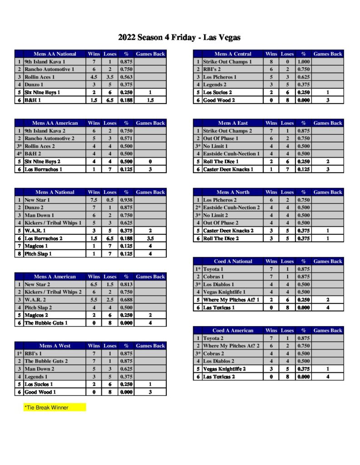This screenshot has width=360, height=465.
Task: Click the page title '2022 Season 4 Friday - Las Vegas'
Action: [179, 37]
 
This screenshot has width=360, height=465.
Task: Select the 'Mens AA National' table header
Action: [55, 54]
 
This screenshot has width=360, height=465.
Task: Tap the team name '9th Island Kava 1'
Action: [45, 62]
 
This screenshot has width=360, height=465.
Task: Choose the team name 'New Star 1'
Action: [37, 200]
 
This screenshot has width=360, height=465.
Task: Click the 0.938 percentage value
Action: [126, 200]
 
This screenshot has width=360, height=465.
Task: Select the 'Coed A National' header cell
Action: [233, 262]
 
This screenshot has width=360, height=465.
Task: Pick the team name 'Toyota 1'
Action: [213, 269]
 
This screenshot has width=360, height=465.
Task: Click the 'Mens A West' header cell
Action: [55, 346]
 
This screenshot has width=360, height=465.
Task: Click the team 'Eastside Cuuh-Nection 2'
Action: [231, 208]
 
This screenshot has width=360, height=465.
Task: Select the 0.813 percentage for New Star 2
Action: [126, 284]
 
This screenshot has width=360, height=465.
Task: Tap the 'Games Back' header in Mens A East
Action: [327, 123]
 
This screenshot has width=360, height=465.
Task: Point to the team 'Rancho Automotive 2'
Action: [49, 139]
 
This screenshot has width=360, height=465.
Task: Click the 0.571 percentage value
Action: [126, 139]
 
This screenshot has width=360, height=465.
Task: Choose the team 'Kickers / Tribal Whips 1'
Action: [53, 223]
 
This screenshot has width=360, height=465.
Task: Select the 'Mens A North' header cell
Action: [233, 192]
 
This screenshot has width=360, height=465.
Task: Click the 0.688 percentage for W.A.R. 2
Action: [126, 300]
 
